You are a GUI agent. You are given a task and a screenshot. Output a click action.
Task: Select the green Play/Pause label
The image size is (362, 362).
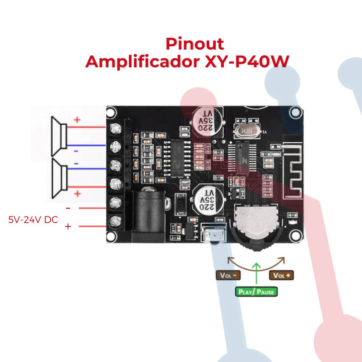pyautogui.click(x=256, y=291)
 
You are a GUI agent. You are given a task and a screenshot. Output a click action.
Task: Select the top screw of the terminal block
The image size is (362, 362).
pyautogui.click(x=116, y=128)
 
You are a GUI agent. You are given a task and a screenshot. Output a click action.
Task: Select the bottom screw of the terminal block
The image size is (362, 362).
pyautogui.click(x=116, y=221)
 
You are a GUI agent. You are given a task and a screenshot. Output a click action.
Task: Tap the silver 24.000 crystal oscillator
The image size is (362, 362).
pyautogui.click(x=246, y=131)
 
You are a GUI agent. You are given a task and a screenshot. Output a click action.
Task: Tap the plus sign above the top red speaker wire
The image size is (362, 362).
pyautogui.click(x=77, y=120)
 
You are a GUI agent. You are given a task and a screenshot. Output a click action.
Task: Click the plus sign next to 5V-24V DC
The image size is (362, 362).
pyautogui.click(x=68, y=227)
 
